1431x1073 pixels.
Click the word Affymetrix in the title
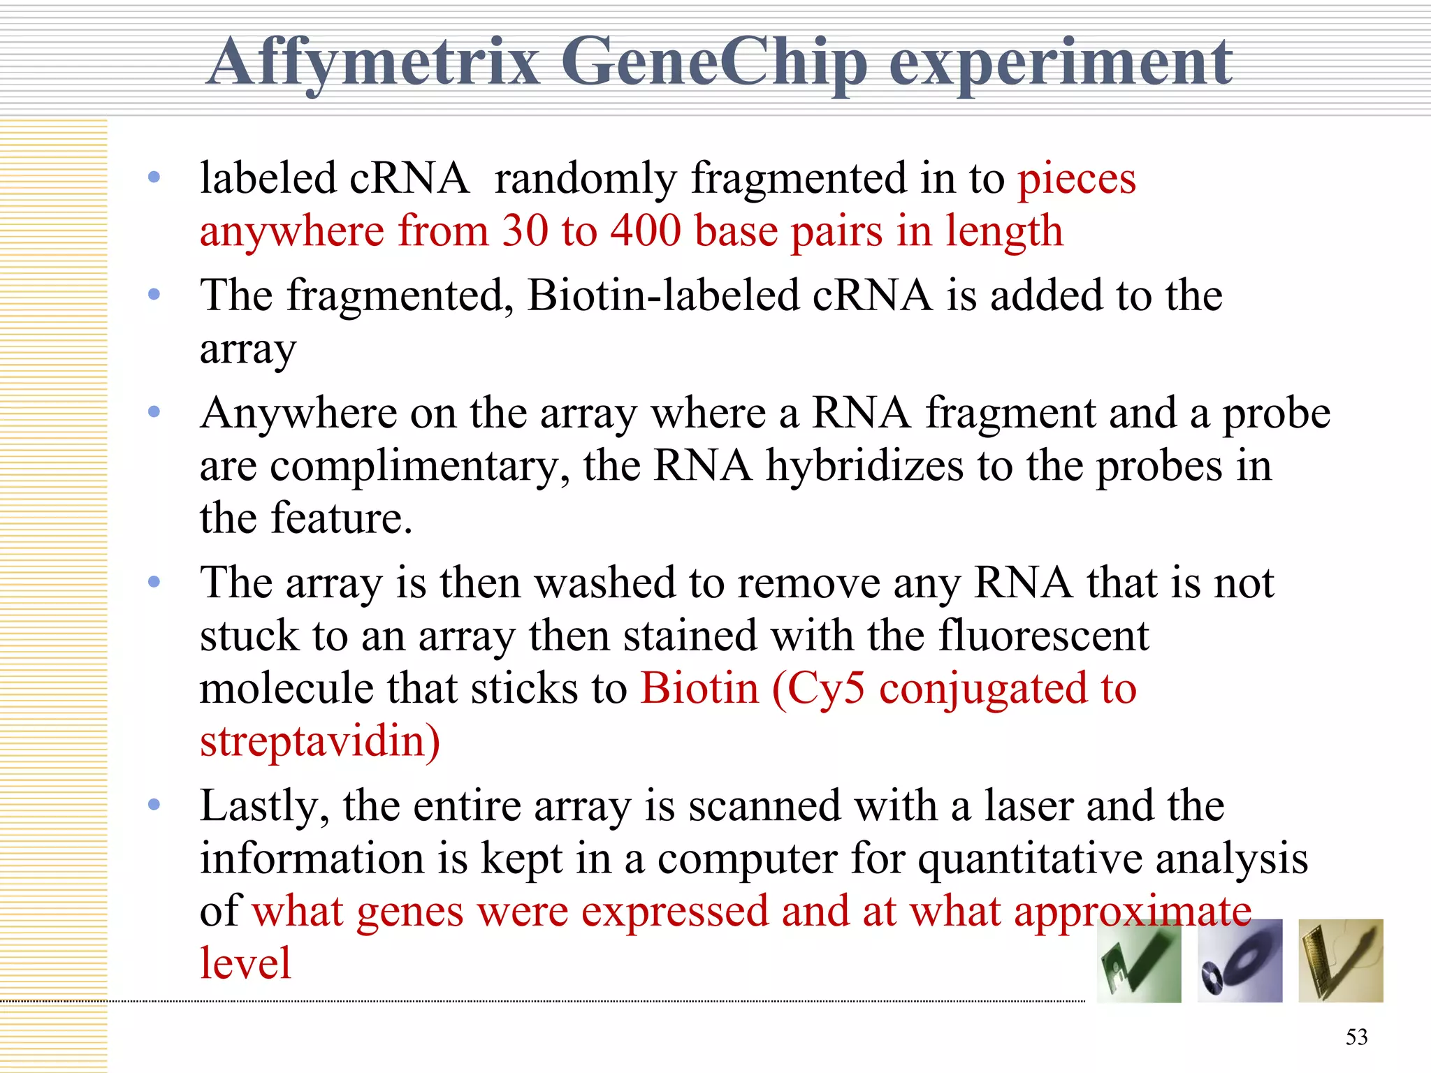point(374,63)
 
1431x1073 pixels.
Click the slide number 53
point(1356,1037)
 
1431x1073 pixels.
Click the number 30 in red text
point(525,231)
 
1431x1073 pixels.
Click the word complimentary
point(419,467)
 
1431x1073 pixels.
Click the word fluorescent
point(1043,636)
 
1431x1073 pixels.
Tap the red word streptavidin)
point(320,742)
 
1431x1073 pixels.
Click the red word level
point(245,963)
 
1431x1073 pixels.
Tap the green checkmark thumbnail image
point(1139,961)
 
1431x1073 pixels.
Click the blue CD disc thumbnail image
point(1240,961)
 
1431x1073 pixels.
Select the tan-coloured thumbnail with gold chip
point(1340,961)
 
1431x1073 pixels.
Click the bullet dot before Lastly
point(154,805)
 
